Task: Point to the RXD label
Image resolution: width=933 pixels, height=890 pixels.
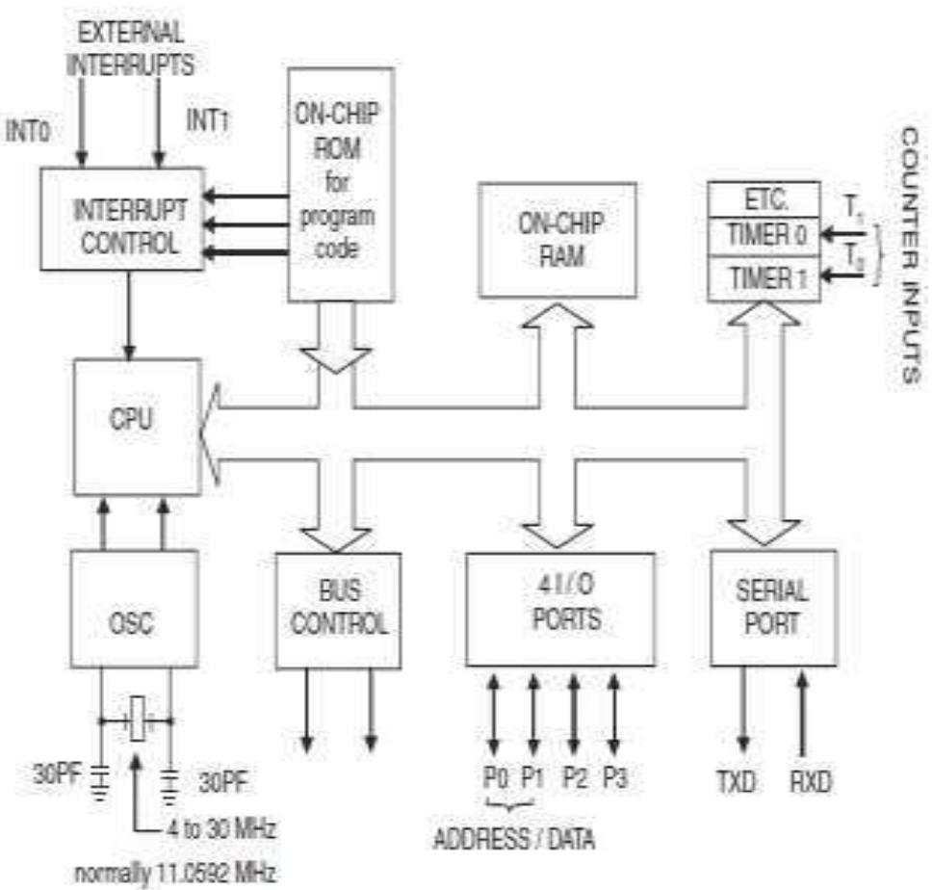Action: point(808,781)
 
